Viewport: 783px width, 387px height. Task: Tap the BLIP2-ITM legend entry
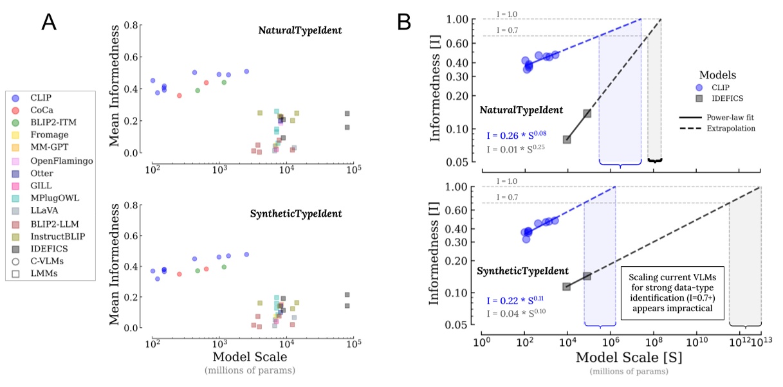[49, 122]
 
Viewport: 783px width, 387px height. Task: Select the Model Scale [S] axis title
[620, 355]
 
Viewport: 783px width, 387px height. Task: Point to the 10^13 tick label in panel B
[760, 339]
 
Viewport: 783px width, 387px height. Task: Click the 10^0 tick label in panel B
[481, 339]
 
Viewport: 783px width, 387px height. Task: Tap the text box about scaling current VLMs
[673, 290]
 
